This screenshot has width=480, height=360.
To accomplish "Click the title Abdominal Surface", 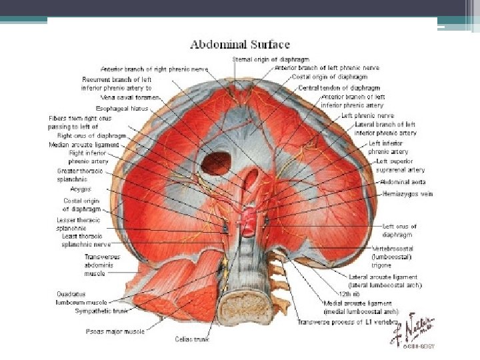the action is pyautogui.click(x=240, y=45).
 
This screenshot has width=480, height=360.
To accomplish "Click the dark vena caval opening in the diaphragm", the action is pyautogui.click(x=215, y=163).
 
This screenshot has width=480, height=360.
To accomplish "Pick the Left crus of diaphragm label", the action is pyautogui.click(x=398, y=231).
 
